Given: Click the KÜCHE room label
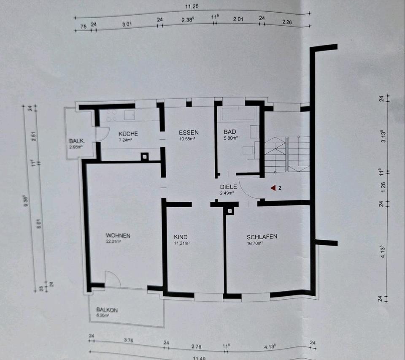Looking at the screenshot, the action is click(116, 133).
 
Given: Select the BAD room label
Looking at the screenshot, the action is click(230, 132).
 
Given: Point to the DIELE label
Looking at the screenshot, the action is click(228, 187).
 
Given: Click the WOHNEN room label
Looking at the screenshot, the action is click(118, 235).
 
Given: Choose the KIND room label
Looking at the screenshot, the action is click(181, 237).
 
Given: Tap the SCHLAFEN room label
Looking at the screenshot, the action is click(262, 237).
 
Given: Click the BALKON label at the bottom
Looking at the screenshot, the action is click(107, 310).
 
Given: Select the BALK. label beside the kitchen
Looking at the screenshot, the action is click(77, 141).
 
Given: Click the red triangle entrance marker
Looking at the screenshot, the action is click(273, 187).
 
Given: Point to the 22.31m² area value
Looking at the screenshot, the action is click(114, 242).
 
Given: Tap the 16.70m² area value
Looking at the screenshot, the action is click(255, 243).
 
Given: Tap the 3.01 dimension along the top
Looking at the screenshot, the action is click(127, 24).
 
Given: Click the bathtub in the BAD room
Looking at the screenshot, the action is click(239, 114).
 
